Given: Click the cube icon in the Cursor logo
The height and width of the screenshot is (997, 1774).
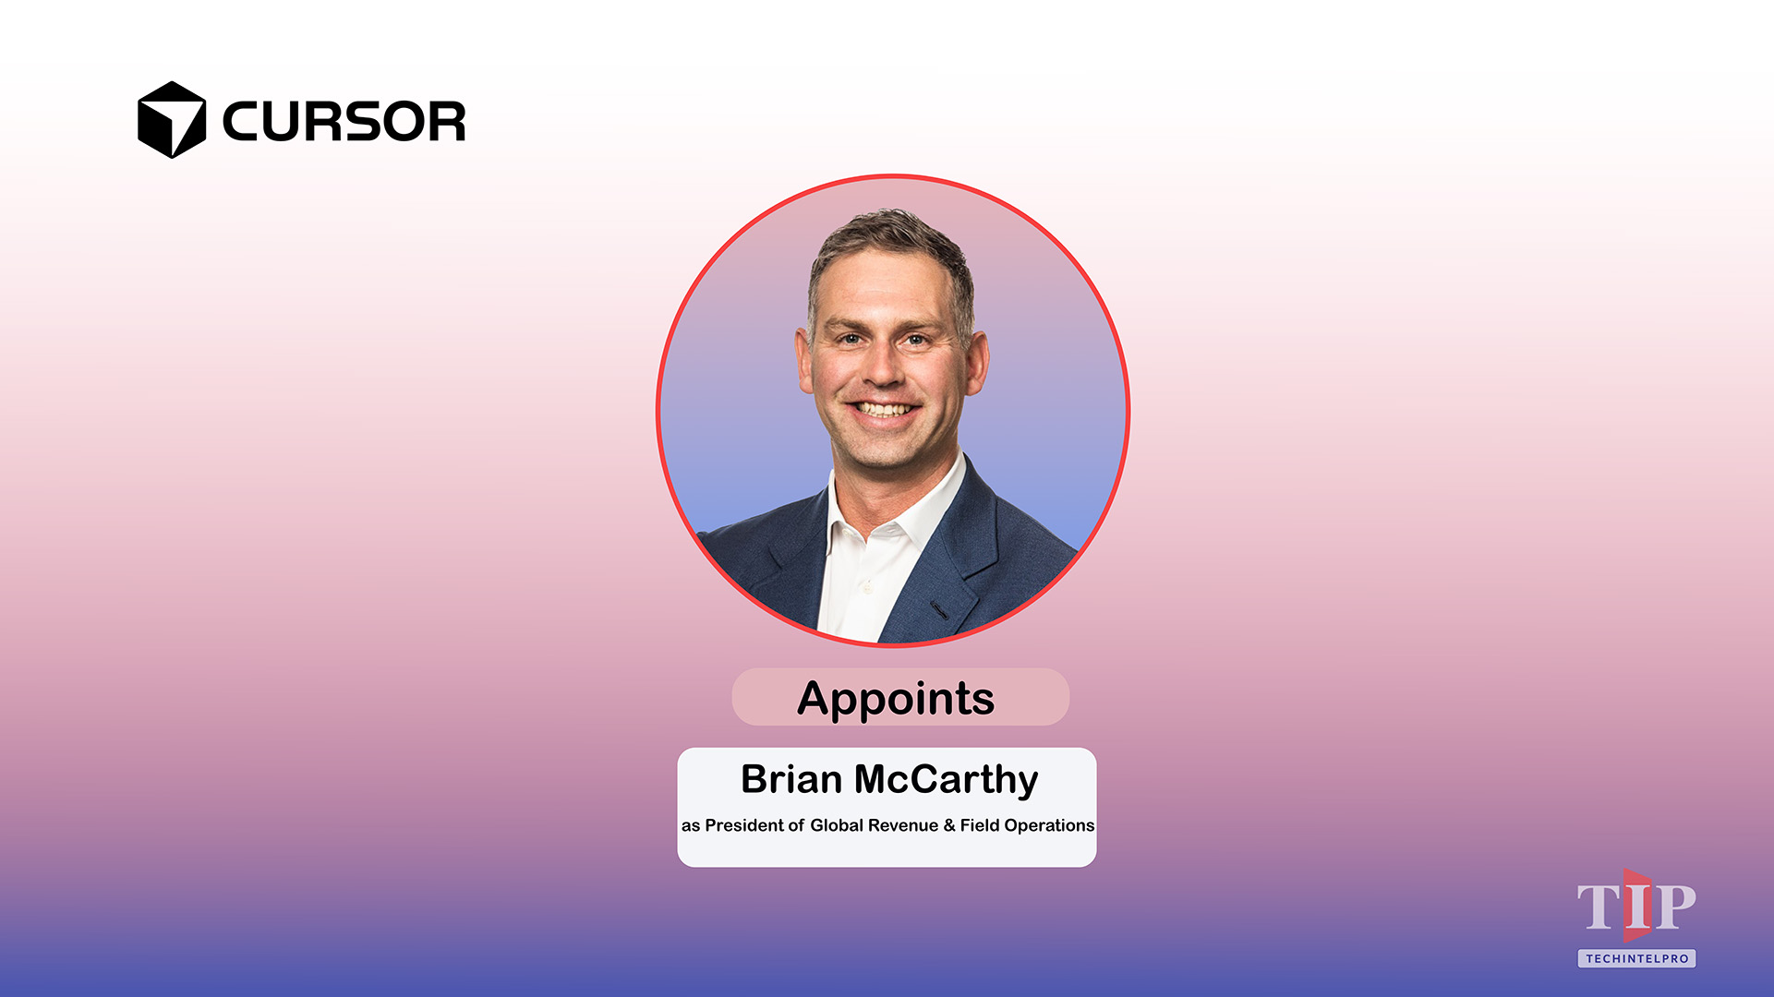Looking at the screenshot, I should click(x=171, y=120).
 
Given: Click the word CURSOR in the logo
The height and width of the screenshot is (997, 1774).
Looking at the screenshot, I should click(x=344, y=122).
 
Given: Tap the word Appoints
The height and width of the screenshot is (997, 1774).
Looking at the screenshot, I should click(x=896, y=698).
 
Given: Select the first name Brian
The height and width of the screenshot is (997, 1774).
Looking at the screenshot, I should click(x=790, y=780).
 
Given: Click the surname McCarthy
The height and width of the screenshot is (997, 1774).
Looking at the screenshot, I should click(x=946, y=780).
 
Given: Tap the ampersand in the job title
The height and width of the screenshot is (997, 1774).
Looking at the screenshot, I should click(x=948, y=825).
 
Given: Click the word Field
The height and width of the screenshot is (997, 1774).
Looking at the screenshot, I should click(x=979, y=825).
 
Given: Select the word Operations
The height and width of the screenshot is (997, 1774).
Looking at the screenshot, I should click(x=1049, y=825).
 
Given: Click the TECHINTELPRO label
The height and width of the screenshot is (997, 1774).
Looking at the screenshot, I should click(x=1636, y=958).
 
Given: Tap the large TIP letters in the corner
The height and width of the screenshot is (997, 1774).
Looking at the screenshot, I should click(x=1635, y=907).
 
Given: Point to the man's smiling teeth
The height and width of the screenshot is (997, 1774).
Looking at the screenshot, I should click(x=884, y=409).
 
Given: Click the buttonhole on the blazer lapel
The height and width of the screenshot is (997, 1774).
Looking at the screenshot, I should click(x=939, y=610).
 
